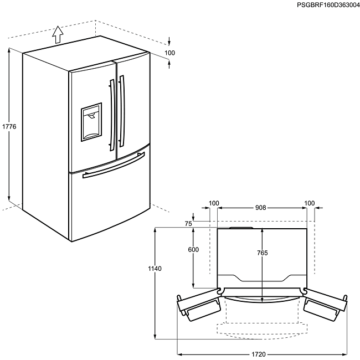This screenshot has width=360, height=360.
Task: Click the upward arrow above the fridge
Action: click(x=57, y=34)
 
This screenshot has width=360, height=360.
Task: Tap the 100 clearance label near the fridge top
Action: click(x=169, y=53)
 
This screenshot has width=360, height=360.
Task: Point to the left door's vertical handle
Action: click(x=112, y=113)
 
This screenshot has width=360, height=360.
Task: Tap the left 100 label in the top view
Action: click(x=214, y=203)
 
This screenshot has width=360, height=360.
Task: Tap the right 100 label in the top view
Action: click(x=310, y=203)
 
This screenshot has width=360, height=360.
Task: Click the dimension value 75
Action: click(x=188, y=224)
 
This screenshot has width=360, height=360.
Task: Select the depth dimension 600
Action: click(x=193, y=250)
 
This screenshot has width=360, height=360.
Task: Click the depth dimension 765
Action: click(x=263, y=253)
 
